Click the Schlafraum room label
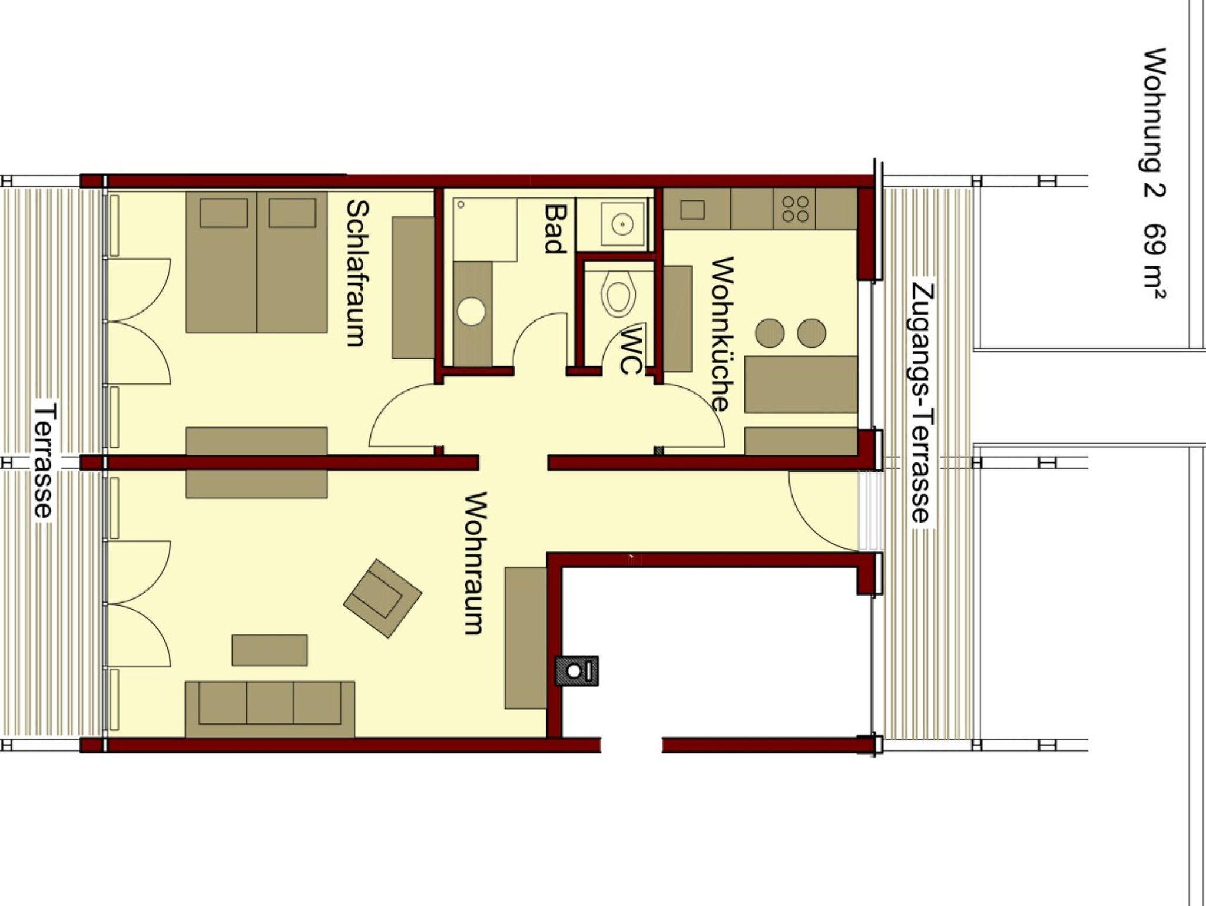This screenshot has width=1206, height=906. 357,273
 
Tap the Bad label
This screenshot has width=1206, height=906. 554,229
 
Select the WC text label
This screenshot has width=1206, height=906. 630,351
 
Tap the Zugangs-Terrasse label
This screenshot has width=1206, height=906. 922,403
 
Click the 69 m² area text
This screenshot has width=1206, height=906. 1155,262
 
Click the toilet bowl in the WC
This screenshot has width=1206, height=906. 619,295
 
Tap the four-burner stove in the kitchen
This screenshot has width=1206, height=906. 795,209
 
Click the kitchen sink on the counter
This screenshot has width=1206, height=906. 692,209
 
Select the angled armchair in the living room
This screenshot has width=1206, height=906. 383,599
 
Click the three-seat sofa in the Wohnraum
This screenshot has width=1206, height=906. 270,709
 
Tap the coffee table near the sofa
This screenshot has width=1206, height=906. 270,650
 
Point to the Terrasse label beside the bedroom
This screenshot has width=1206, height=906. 45,460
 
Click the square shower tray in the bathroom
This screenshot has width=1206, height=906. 485,230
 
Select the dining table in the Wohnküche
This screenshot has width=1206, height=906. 801,384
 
